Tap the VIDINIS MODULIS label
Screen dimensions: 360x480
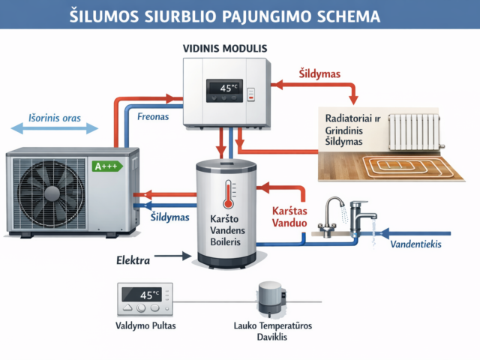click(x=225, y=48)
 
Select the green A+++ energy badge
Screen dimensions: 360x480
click(x=106, y=166)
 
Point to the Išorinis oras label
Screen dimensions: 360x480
click(x=54, y=118)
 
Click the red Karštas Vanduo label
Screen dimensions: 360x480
click(x=292, y=217)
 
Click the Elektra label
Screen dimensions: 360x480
click(x=133, y=261)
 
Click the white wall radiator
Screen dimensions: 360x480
click(x=415, y=132)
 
